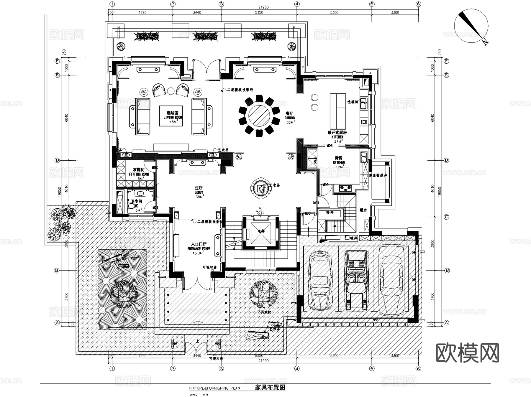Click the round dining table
259,115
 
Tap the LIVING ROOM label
173,117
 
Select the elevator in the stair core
261,232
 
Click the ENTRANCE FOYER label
199,249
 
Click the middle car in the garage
356,280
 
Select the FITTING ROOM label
139,174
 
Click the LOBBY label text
199,192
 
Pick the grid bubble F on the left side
57,61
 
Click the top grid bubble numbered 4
297,4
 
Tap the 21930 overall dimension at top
263,7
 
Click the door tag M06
330,146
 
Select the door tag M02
155,168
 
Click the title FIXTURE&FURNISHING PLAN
215,388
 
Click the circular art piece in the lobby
260,188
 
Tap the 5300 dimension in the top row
334,12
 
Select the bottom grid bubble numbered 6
418,368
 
